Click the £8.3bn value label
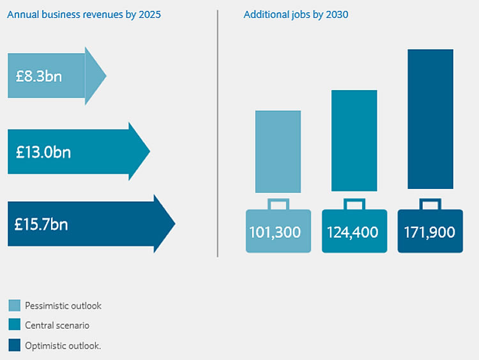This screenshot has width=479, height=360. pyautogui.click(x=39, y=76)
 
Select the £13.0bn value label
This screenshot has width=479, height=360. pyautogui.click(x=43, y=152)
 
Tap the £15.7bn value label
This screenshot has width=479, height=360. pyautogui.click(x=42, y=224)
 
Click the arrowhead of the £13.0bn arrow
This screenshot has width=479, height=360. pyautogui.click(x=140, y=151)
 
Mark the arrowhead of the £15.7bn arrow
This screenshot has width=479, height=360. pyautogui.click(x=165, y=223)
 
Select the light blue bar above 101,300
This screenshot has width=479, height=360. pyautogui.click(x=278, y=151)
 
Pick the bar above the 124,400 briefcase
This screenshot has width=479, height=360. pyautogui.click(x=354, y=140)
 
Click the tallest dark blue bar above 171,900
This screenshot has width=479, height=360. pyautogui.click(x=430, y=119)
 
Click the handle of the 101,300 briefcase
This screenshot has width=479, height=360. pyautogui.click(x=278, y=204)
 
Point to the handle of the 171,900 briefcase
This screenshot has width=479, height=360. pyautogui.click(x=430, y=204)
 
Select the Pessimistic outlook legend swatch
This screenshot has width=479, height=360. pyautogui.click(x=14, y=305)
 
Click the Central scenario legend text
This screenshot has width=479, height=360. pyautogui.click(x=57, y=326)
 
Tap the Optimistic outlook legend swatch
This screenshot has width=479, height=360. pyautogui.click(x=14, y=345)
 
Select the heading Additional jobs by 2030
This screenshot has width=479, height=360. pyautogui.click(x=296, y=15)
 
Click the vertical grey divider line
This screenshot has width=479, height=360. pyautogui.click(x=217, y=134)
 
